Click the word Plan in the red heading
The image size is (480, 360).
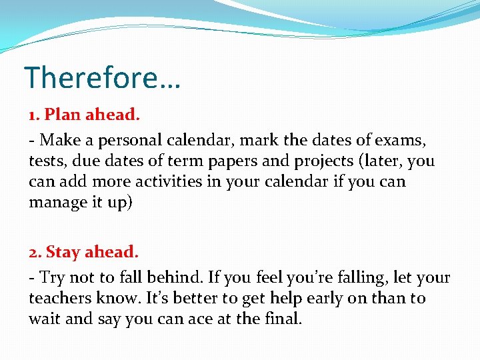60,115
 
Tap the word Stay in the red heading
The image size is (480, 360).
63,252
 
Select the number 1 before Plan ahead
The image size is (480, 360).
33,115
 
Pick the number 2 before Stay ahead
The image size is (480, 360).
33,252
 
